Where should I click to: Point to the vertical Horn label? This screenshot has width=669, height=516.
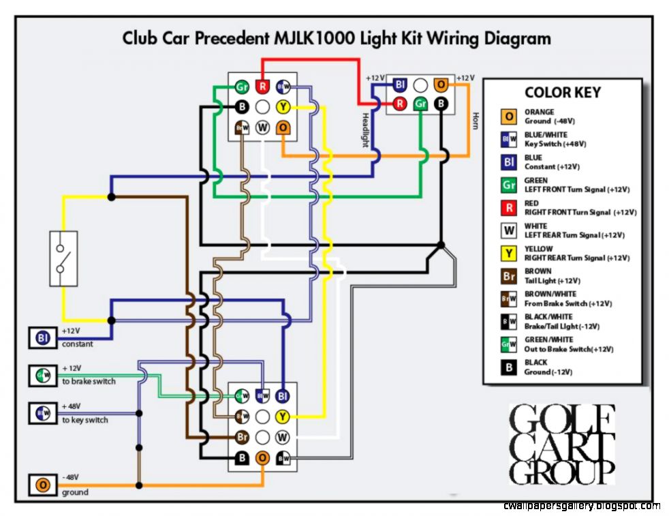[x=476, y=121]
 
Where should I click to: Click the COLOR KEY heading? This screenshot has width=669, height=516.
[x=562, y=93]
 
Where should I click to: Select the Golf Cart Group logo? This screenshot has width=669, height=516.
[x=562, y=444]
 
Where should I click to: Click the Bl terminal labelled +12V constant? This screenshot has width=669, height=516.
[x=43, y=337]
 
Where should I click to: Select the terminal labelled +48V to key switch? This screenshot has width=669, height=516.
[x=43, y=412]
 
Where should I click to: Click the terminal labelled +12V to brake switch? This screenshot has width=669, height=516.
[x=43, y=375]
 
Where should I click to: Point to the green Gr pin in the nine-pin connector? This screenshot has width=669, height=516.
[x=241, y=87]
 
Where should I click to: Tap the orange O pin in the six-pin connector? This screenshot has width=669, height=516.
[x=441, y=85]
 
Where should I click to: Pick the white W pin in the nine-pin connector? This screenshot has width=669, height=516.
[x=262, y=127]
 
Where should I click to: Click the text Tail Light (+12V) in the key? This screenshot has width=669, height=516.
[x=552, y=281]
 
